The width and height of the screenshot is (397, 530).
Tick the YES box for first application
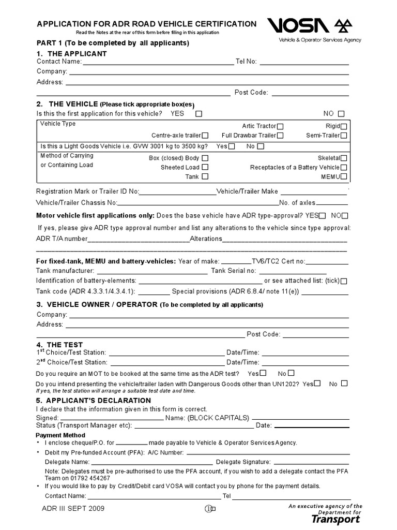pos(199,114)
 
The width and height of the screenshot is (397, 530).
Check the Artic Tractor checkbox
pos(280,126)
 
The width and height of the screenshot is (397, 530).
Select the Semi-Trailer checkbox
pos(344,136)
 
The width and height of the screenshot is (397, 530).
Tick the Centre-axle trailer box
pos(206,136)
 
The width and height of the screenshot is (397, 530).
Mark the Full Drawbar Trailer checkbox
pos(280,136)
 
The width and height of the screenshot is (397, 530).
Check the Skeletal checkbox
pos(344,158)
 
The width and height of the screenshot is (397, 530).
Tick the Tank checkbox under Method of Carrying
pos(205,176)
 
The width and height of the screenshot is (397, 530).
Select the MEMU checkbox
pos(344,177)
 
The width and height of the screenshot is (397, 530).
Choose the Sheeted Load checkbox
pos(205,167)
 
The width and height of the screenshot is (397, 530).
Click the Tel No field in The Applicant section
pos(304,62)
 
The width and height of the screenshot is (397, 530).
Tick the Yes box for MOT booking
pos(264,373)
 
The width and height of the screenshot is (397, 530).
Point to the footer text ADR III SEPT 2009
pos(73,508)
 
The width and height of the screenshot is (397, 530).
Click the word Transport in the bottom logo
pos(336,519)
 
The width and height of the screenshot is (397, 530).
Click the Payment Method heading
pos(60,435)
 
